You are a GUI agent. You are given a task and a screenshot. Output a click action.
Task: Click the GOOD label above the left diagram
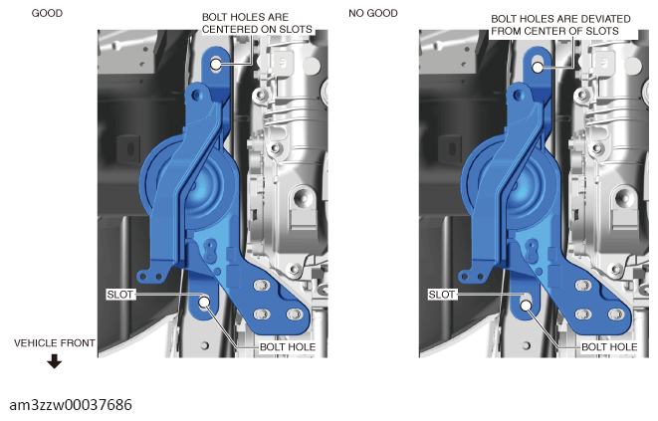pos(47,13)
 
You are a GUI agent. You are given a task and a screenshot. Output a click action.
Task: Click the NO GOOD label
pos(373,13)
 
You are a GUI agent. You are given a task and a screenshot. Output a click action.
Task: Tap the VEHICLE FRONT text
pos(55,343)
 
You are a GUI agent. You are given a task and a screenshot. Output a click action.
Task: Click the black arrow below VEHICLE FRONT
pos(54,361)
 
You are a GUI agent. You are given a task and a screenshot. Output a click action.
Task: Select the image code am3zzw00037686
pos(71,405)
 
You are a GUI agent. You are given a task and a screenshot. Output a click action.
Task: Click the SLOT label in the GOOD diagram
pos(120,295)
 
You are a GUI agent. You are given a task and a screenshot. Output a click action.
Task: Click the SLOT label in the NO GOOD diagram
pos(441,295)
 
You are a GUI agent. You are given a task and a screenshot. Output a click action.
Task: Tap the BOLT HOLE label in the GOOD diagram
pos(288,347)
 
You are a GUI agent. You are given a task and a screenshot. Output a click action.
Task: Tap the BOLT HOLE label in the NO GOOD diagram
pos(609,347)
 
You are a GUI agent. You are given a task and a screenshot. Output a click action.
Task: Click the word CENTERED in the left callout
pos(232,30)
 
